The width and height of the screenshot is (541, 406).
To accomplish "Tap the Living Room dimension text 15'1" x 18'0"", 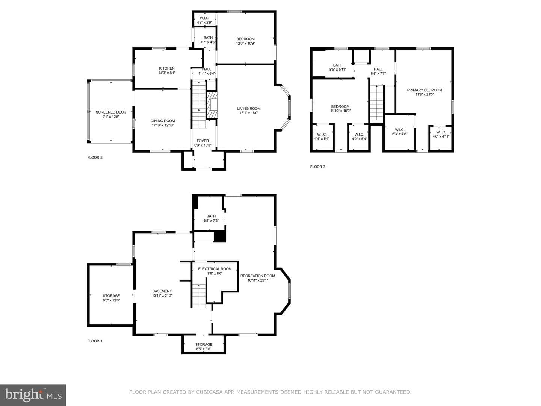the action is click(249, 113).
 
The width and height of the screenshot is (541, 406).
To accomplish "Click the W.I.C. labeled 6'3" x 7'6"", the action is click(399, 132).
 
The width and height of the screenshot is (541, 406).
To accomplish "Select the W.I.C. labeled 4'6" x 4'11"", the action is click(441, 134).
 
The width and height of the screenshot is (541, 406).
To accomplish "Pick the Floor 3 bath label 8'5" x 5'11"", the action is click(338, 67).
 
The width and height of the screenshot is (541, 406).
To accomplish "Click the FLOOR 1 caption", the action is click(95, 341).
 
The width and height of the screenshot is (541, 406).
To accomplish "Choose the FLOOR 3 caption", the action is click(318, 167).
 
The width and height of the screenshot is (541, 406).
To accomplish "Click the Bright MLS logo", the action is click(33, 395).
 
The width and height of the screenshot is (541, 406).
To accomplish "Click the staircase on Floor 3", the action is click(376, 103).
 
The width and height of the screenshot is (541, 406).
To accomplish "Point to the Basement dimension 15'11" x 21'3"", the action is click(162, 295).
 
